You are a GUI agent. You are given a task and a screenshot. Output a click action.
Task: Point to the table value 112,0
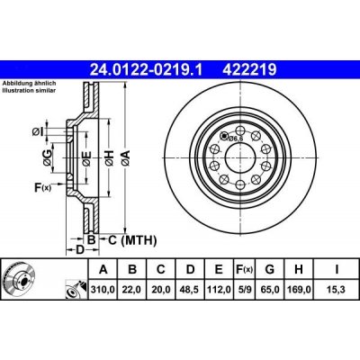tap(218, 289)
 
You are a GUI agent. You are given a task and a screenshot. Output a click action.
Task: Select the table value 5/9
tap(245, 289)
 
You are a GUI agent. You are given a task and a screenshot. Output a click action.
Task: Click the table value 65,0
tap(271, 289)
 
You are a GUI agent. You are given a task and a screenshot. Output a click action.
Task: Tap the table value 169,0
tap(301, 289)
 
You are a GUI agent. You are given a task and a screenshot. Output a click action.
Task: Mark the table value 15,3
tap(333, 289)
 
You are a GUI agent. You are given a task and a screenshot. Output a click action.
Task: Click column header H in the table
tap(301, 269)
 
